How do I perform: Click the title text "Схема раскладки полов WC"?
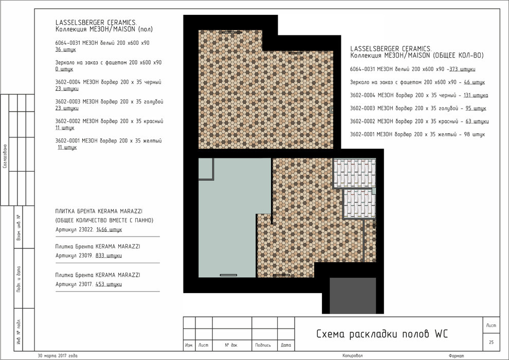pos(381,334)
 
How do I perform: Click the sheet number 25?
pos(491,342)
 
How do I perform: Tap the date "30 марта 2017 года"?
pos(58,355)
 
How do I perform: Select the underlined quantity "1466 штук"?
pos(109,229)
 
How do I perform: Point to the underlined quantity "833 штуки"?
pos(108,256)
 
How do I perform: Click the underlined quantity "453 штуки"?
pos(108,284)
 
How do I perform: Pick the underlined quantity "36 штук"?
pos(66,49)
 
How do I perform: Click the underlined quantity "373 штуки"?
pos(462,69)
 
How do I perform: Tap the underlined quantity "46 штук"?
pos(474,82)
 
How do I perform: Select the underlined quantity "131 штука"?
pos(476,95)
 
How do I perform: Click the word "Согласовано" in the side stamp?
pos(5,156)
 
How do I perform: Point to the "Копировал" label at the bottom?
pos(353,356)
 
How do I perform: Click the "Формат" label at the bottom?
pos(457,356)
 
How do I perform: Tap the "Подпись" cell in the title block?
pos(263,345)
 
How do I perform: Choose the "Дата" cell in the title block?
pos(286,345)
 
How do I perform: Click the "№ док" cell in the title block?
pos(231,345)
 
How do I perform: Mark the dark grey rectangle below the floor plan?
pos(353,295)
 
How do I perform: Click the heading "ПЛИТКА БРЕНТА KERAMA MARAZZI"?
pos(99,211)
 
